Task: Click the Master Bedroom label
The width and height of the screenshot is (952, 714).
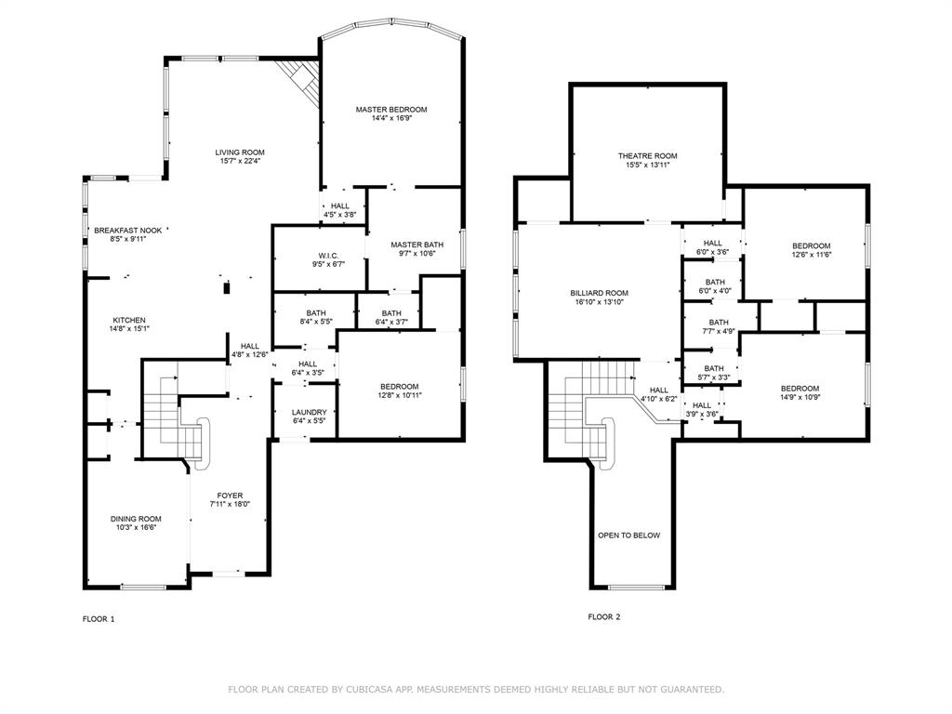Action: [391, 110]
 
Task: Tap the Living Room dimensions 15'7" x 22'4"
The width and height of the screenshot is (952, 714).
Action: [240, 162]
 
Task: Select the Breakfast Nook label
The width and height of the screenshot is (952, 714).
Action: [128, 231]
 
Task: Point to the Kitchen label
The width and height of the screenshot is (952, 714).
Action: [129, 320]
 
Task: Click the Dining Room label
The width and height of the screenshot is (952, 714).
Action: [136, 519]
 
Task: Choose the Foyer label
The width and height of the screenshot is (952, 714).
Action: [231, 496]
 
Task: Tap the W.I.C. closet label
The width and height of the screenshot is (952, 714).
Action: [328, 256]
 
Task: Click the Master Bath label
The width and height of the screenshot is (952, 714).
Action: [417, 245]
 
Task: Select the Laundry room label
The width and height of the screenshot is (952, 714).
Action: [309, 412]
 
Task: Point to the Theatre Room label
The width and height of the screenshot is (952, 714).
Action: [648, 156]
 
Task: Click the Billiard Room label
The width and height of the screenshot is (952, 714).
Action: [600, 293]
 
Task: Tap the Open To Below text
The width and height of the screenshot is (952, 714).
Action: [629, 535]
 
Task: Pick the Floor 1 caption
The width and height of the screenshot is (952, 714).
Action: [99, 619]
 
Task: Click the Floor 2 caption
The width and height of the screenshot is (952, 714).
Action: [604, 617]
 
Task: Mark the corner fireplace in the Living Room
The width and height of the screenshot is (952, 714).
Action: [299, 81]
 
